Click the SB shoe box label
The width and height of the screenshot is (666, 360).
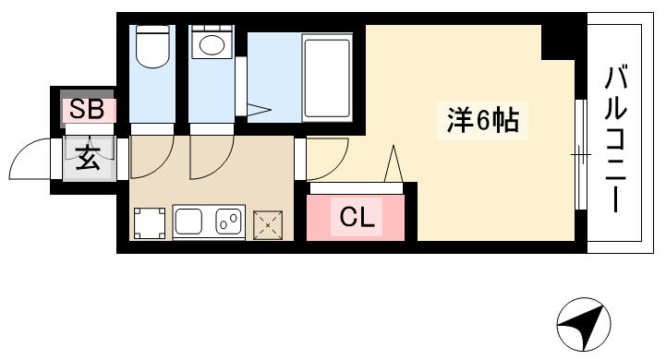tap(88, 109)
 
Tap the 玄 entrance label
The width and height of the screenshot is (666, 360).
tap(88, 158)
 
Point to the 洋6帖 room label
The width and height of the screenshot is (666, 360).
tap(481, 121)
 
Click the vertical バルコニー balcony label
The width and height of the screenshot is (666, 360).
tap(616, 138)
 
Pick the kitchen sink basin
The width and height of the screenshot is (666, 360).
tap(191, 222)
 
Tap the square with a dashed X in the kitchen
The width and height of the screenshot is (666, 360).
tap(269, 222)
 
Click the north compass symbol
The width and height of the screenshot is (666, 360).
tap(584, 326)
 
